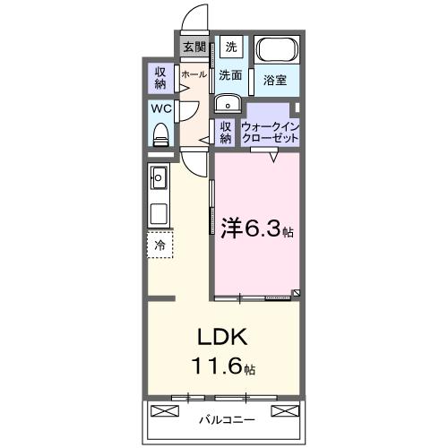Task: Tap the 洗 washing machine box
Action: [x=231, y=47]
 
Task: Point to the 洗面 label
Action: [x=231, y=76]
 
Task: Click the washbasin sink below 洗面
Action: [x=225, y=101]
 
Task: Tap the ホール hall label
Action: [x=194, y=76]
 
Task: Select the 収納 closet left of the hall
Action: [x=160, y=78]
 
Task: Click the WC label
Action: [x=160, y=109]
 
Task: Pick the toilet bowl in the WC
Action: [x=161, y=134]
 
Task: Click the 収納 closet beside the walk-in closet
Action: [x=226, y=132]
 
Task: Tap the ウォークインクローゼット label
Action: [x=270, y=132]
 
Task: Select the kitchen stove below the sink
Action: [x=159, y=216]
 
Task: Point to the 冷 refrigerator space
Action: [x=159, y=245]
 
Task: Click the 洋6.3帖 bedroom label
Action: [x=256, y=229]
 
